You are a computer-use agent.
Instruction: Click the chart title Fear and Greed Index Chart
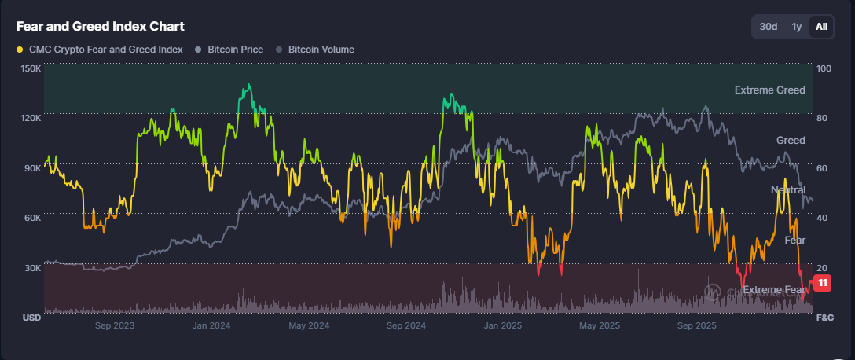[x=101, y=26]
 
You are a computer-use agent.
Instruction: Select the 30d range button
[x=768, y=26]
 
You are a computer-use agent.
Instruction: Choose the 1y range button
[x=796, y=26]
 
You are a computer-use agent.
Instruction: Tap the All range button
[x=821, y=26]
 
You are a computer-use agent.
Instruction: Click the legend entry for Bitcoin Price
[x=235, y=49]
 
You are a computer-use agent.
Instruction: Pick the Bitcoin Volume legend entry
[x=321, y=49]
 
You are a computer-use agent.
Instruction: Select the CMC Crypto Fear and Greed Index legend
[x=105, y=49]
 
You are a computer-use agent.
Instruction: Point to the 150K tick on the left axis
[x=31, y=68]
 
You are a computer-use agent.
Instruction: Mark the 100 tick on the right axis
[x=824, y=68]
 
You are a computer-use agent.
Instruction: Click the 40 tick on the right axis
[x=823, y=218]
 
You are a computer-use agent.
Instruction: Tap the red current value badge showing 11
[x=823, y=283]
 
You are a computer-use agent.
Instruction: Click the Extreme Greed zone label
[x=769, y=90]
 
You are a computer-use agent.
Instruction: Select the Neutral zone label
[x=787, y=190]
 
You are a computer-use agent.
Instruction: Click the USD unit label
[x=31, y=318]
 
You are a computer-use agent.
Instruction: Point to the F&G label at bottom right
[x=825, y=318]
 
